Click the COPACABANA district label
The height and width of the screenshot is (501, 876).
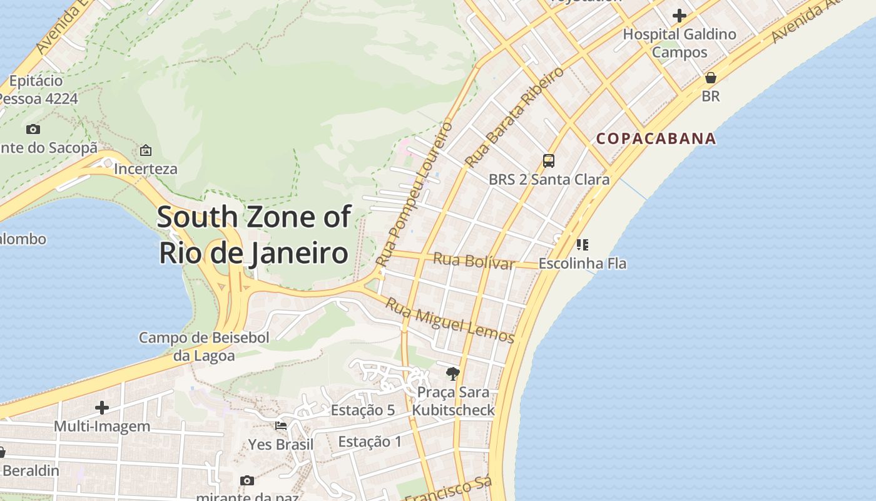[656, 138]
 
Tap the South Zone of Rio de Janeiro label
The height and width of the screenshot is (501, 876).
[253, 235]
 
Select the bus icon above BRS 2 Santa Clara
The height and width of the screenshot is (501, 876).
[549, 161]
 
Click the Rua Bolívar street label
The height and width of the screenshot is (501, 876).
[474, 261]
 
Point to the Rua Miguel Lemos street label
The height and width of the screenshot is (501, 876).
[449, 320]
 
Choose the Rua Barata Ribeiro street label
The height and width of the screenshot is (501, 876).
[514, 117]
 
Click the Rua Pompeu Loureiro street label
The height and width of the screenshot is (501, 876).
[414, 194]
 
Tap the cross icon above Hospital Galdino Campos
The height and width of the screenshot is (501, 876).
[680, 16]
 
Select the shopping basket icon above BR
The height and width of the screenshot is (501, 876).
[710, 78]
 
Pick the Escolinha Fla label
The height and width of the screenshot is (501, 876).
[582, 264]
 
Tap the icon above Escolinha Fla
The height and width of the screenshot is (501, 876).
[582, 244]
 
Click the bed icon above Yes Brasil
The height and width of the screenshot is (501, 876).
[281, 426]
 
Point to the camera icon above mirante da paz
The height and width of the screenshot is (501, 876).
[247, 480]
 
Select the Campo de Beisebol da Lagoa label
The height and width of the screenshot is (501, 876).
[204, 347]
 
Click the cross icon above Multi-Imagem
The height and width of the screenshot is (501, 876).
[102, 408]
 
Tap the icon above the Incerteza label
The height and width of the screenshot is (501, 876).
[146, 150]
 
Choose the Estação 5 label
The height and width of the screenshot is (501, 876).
[363, 410]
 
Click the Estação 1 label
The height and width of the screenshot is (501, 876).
[370, 442]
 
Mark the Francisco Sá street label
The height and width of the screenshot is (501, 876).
[449, 489]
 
